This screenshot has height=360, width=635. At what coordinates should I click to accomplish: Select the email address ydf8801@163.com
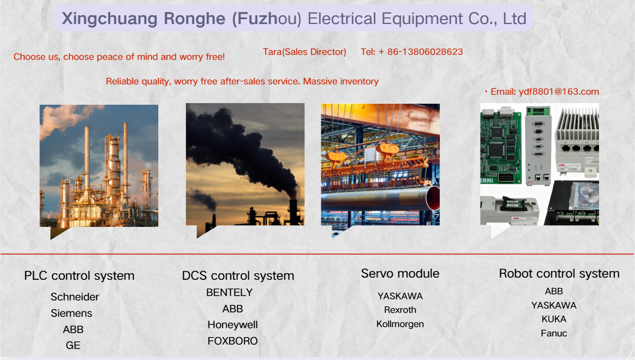tap(559, 92)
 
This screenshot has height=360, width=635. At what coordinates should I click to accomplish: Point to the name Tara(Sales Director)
tap(304, 52)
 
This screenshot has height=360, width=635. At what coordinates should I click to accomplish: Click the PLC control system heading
tap(80, 276)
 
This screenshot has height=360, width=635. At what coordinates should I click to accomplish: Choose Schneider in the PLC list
tap(75, 297)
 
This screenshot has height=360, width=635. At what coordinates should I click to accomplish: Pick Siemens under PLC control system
tap(71, 313)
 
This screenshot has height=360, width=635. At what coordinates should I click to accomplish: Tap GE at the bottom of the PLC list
tap(73, 345)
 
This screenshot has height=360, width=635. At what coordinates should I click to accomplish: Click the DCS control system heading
tap(238, 276)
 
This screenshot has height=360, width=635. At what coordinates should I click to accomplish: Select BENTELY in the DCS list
tap(229, 292)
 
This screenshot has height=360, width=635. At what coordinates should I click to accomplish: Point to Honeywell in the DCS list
tap(232, 325)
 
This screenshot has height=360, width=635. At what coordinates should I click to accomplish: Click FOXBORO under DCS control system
tap(232, 341)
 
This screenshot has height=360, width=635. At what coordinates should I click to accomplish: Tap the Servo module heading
tap(400, 274)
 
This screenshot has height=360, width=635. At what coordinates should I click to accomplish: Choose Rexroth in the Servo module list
tap(400, 310)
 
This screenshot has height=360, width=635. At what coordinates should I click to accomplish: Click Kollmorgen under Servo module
tap(400, 324)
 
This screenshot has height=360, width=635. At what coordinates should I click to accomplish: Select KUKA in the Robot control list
tap(554, 319)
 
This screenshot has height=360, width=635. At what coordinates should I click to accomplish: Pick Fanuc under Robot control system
tap(554, 333)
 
